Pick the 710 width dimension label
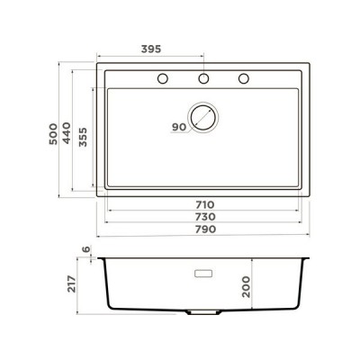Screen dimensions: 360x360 tap(202, 204)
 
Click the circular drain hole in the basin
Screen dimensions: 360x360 tap(203, 118)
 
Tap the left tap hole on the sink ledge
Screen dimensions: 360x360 tap(163, 78)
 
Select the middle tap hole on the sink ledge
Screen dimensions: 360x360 tap(202, 78)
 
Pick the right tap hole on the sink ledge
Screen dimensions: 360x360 tap(242, 78)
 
